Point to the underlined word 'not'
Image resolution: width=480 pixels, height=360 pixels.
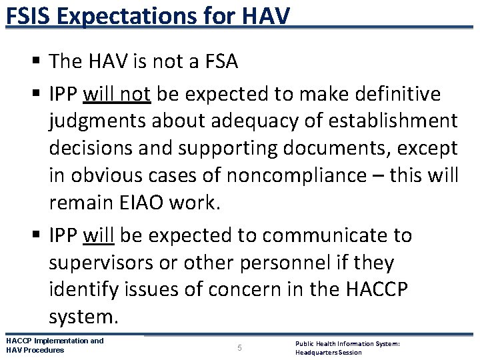tap(137, 95)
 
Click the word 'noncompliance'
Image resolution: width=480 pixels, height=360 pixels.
tap(297, 175)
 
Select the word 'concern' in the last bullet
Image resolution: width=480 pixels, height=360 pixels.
tap(242, 289)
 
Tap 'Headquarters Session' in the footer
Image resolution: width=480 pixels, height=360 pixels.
tap(329, 352)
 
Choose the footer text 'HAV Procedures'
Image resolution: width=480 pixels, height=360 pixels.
tap(35, 350)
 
